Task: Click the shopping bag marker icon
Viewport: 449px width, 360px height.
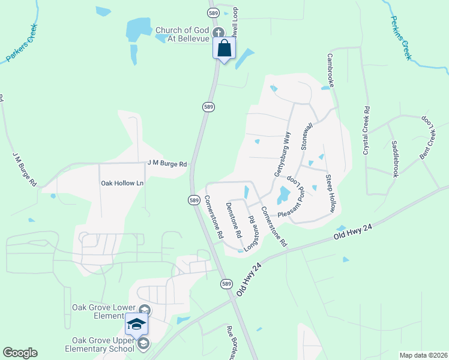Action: point(224,48)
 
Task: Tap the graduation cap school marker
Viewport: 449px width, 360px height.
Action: point(136,325)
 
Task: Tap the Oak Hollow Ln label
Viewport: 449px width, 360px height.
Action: point(122,183)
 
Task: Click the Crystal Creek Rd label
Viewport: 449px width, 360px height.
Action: point(366,131)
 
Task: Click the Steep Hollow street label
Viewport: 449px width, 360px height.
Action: point(330,193)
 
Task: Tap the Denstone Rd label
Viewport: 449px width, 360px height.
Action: point(234,218)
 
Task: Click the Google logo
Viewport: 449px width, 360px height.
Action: point(20,353)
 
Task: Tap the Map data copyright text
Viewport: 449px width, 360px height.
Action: point(423,355)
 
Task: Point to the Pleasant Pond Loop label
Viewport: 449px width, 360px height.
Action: point(297,198)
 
